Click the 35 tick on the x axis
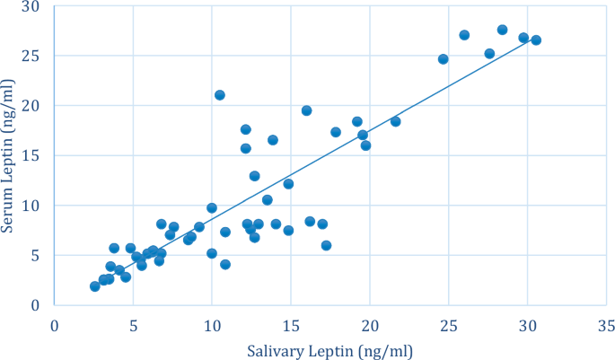pyautogui.click(x=606, y=322)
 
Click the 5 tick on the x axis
pyautogui.click(x=133, y=322)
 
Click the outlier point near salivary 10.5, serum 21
pyautogui.click(x=220, y=95)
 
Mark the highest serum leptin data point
pyautogui.click(x=502, y=30)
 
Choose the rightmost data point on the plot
pyautogui.click(x=536, y=40)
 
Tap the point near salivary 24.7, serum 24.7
pyautogui.click(x=444, y=59)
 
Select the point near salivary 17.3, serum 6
pyautogui.click(x=326, y=245)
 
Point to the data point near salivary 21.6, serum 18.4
pyautogui.click(x=395, y=121)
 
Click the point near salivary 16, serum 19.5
pyautogui.click(x=306, y=110)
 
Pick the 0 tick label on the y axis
pyautogui.click(x=35, y=305)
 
